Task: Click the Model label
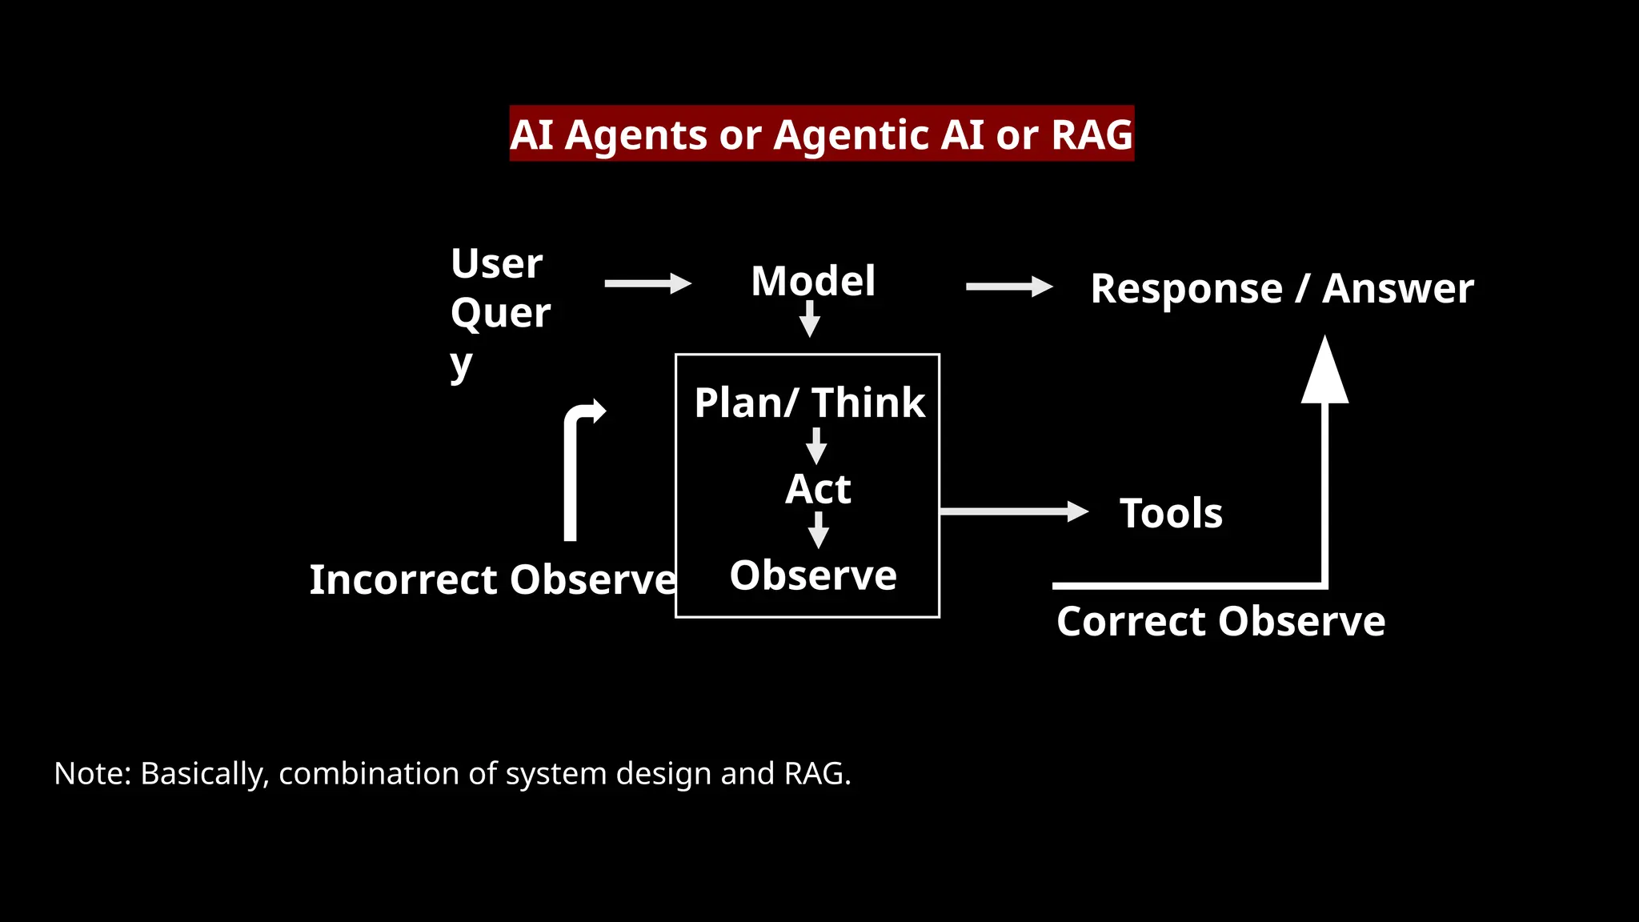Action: point(813,281)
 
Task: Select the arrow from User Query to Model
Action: point(647,283)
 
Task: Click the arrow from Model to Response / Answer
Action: point(1008,287)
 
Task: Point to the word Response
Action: point(1186,288)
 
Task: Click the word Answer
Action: point(1397,288)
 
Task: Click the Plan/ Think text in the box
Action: point(809,403)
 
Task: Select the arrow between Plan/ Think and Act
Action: point(816,446)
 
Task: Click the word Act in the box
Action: point(818,489)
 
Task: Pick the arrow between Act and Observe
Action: point(818,530)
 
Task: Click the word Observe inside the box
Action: point(813,575)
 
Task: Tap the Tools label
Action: point(1171,513)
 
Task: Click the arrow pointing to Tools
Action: point(1013,511)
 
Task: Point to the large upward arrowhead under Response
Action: point(1324,372)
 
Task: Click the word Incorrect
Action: point(403,579)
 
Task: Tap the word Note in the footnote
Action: point(89,774)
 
